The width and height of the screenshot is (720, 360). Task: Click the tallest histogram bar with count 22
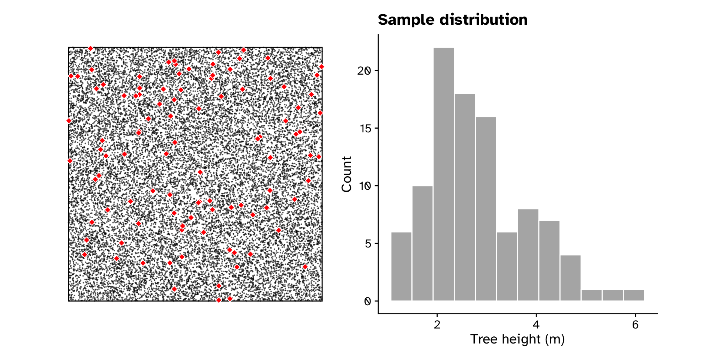click(444, 174)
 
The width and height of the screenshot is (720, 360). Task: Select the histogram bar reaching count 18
click(465, 197)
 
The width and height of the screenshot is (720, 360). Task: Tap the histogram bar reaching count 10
click(422, 243)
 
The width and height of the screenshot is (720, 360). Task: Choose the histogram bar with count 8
click(528, 255)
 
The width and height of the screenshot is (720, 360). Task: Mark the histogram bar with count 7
click(549, 261)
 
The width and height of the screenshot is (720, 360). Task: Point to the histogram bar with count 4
click(570, 278)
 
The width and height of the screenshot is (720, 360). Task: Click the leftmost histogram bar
click(401, 266)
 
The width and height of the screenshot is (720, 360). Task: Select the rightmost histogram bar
click(634, 295)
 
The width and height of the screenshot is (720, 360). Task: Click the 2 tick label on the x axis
click(437, 325)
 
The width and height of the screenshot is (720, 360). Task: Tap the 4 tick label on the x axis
click(536, 325)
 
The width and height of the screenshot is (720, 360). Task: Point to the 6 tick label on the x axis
click(635, 325)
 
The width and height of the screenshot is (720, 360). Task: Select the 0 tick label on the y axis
click(367, 301)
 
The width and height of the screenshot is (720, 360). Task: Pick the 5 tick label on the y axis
click(367, 244)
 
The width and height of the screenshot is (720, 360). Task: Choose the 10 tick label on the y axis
click(365, 186)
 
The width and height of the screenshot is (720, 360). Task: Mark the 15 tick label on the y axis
click(365, 129)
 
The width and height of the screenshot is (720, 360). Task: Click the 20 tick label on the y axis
click(365, 71)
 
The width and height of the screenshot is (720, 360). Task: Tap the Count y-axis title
click(347, 174)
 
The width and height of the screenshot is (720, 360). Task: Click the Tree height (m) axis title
click(517, 339)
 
